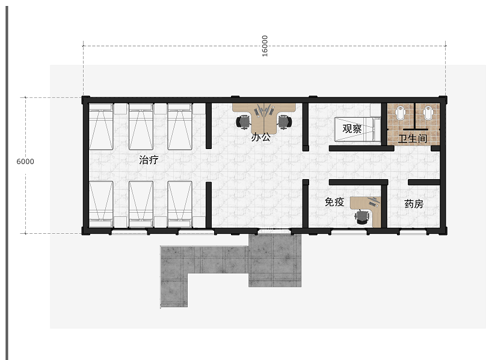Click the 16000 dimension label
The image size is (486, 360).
click(265, 46)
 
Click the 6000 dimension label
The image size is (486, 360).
click(25, 162)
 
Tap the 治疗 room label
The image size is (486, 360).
click(149, 160)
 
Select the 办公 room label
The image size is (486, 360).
click(260, 137)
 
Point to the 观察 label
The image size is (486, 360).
click(352, 129)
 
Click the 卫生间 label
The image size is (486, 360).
click(413, 138)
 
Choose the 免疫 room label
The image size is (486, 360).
click(334, 202)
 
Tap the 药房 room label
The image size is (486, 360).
click(414, 204)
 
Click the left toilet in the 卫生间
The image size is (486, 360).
click(401, 113)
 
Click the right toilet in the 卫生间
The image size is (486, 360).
click(428, 113)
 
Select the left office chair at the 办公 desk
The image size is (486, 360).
click(244, 121)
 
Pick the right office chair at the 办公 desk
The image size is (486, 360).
click(285, 121)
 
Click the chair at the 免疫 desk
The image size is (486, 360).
click(361, 216)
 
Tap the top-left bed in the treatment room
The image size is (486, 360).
click(101, 127)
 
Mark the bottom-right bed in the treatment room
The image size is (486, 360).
click(180, 204)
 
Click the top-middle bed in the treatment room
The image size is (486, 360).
click(141, 127)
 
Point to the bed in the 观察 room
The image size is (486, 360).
click(357, 129)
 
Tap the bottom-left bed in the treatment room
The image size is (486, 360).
click(101, 204)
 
